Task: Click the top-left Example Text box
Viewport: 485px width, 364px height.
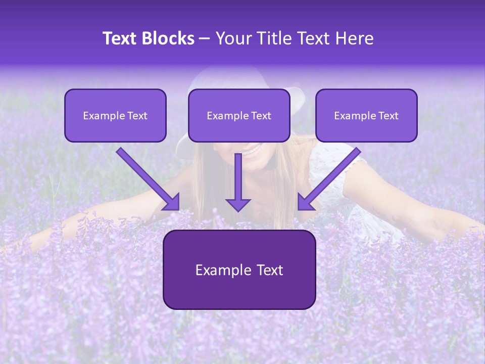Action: click(115, 115)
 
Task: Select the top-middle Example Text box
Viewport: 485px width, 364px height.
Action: click(239, 115)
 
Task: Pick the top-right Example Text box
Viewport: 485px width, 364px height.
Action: click(366, 115)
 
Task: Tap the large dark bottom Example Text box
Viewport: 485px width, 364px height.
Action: click(239, 269)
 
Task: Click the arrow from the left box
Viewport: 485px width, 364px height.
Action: click(147, 178)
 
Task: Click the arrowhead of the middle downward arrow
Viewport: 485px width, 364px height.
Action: click(238, 204)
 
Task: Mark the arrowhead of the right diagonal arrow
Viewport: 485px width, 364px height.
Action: click(305, 202)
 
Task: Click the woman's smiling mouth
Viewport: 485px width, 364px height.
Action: click(254, 149)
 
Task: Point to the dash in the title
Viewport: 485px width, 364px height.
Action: click(205, 39)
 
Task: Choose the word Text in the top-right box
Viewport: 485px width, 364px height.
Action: click(388, 116)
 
